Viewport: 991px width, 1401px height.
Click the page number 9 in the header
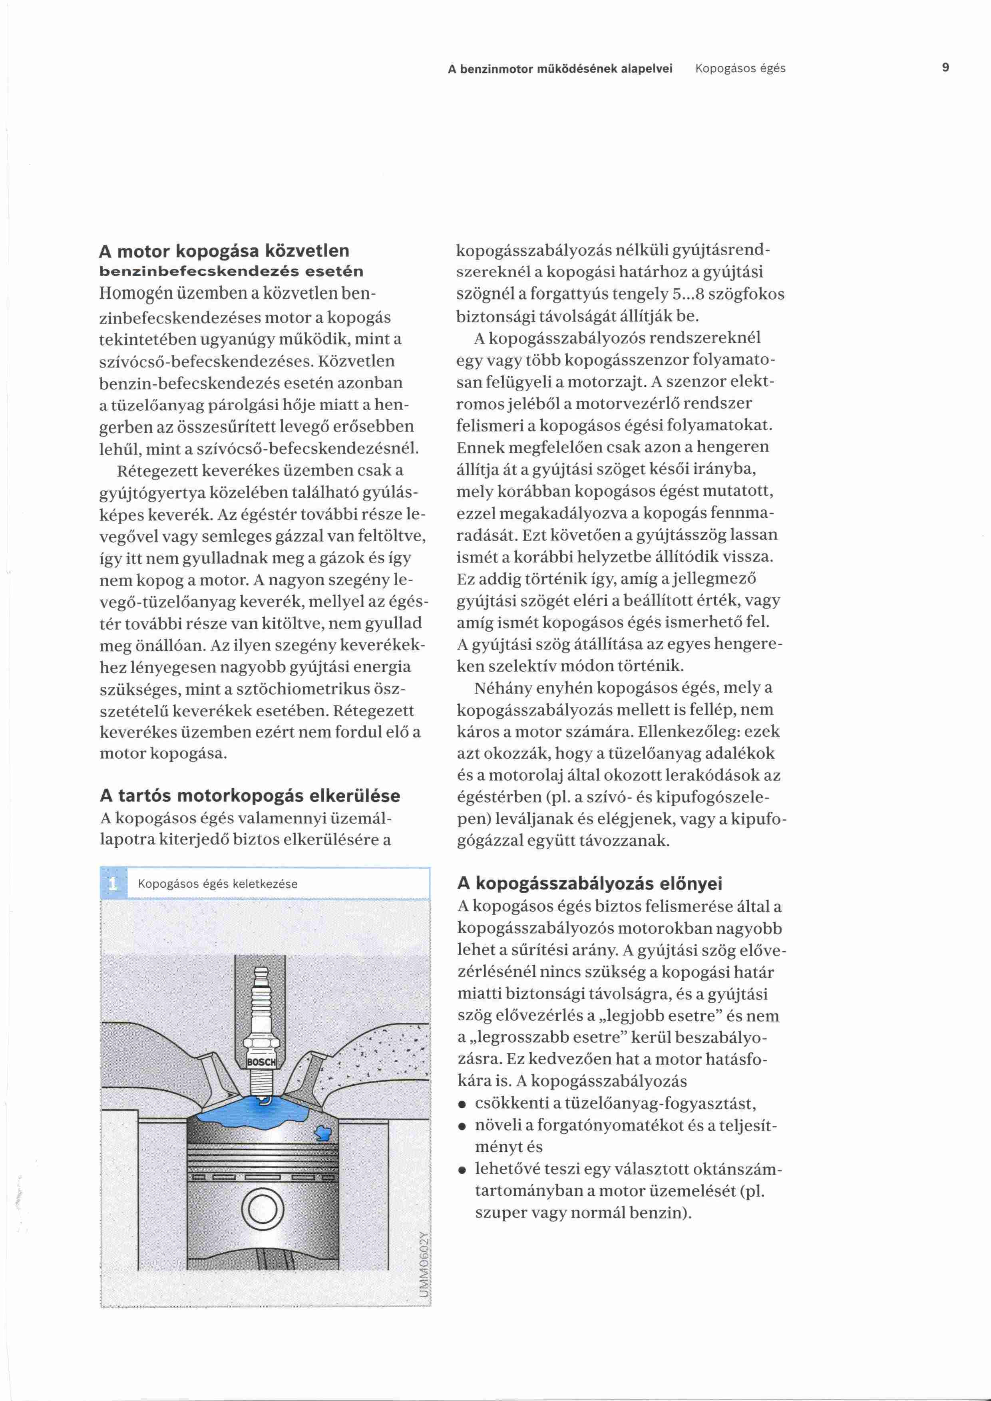click(945, 68)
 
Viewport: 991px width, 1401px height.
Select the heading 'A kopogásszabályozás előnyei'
click(589, 883)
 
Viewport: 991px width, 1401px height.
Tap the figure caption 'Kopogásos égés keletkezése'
click(218, 884)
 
